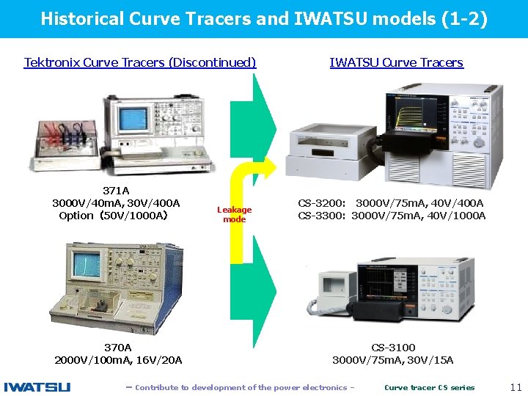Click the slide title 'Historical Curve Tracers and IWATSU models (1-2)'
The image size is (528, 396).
pyautogui.click(x=263, y=18)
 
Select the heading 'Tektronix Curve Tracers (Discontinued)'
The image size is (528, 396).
pyautogui.click(x=140, y=62)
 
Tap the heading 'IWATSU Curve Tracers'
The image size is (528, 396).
pyautogui.click(x=396, y=62)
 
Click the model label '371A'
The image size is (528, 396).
pyautogui.click(x=116, y=191)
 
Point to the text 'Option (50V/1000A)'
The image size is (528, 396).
pyautogui.click(x=114, y=216)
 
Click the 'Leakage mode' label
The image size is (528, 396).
pyautogui.click(x=234, y=214)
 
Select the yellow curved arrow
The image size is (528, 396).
pyautogui.click(x=237, y=220)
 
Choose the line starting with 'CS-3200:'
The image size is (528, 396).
pyautogui.click(x=391, y=203)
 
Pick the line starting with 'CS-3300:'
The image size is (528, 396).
pyautogui.click(x=391, y=216)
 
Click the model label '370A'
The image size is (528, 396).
pyautogui.click(x=117, y=348)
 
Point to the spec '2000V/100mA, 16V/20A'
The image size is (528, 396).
pyautogui.click(x=118, y=360)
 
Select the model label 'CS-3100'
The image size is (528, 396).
pyautogui.click(x=393, y=348)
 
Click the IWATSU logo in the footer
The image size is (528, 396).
pyautogui.click(x=37, y=387)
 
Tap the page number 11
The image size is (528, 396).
pyautogui.click(x=515, y=387)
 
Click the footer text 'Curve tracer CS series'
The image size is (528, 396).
pyautogui.click(x=429, y=387)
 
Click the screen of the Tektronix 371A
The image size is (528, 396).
pyautogui.click(x=135, y=117)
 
